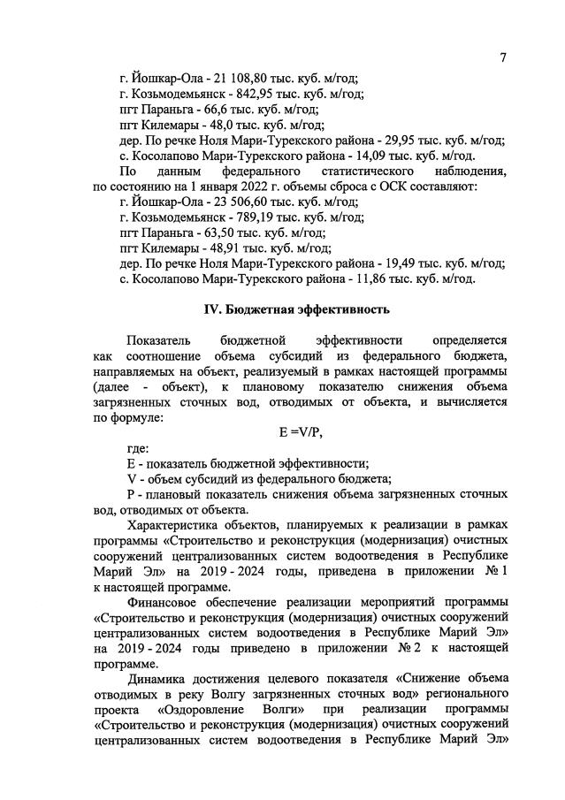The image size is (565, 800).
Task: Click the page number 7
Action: tap(502, 58)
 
